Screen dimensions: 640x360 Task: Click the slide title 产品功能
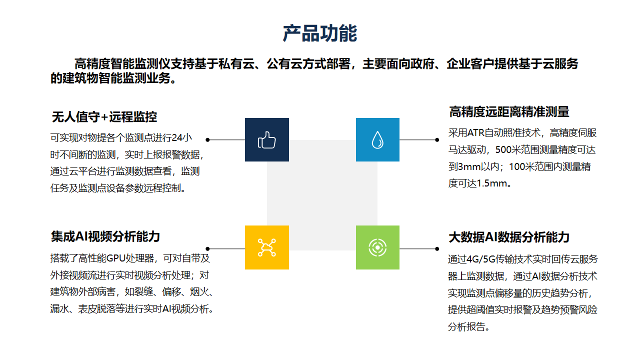[x=319, y=33]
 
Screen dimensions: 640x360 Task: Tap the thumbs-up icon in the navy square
[x=267, y=140]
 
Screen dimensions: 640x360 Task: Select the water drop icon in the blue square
[x=377, y=140]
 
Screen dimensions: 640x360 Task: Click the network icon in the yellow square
[x=267, y=247]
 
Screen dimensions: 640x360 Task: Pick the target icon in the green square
[x=377, y=247]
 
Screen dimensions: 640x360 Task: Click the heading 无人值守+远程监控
[x=104, y=117]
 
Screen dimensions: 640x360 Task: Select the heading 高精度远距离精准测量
[x=509, y=111]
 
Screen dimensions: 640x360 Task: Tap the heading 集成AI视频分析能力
[x=105, y=236]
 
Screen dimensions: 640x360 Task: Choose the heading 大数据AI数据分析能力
[x=509, y=237]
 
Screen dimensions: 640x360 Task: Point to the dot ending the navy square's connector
[x=207, y=139]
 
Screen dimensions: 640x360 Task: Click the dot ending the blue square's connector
[x=437, y=139]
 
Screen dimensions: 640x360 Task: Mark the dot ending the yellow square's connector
[x=207, y=249]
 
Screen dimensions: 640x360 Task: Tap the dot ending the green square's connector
[x=437, y=249]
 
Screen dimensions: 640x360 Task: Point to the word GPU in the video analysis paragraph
[x=115, y=258]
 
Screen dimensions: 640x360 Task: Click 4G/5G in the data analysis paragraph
[x=480, y=259]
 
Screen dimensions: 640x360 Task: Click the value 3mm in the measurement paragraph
[x=469, y=166]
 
